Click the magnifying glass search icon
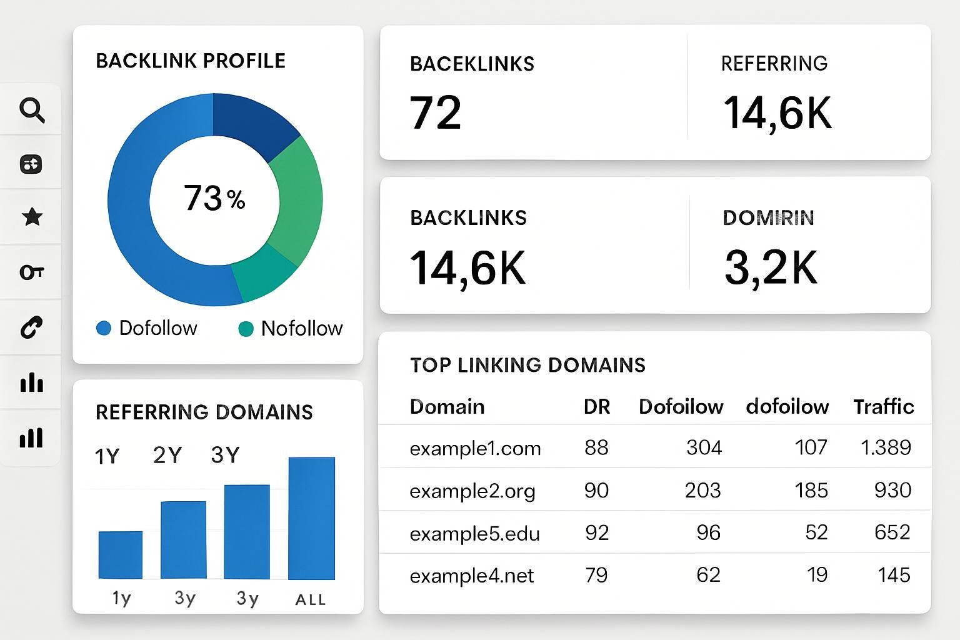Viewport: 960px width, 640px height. pyautogui.click(x=32, y=110)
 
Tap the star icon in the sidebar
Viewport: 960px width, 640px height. pyautogui.click(x=32, y=217)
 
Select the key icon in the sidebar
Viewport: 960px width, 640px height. pyautogui.click(x=31, y=272)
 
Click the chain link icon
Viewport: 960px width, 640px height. pyautogui.click(x=31, y=327)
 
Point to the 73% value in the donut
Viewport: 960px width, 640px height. pyautogui.click(x=214, y=198)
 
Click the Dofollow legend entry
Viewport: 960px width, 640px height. pyautogui.click(x=147, y=328)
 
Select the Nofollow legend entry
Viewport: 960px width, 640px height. pyautogui.click(x=291, y=328)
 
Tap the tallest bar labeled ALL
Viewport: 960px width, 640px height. pyautogui.click(x=311, y=518)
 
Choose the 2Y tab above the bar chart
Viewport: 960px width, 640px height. pyautogui.click(x=167, y=455)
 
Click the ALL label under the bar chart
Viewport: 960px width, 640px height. pyautogui.click(x=311, y=600)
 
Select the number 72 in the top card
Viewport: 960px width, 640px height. pyautogui.click(x=436, y=113)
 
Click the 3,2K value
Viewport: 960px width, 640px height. pyautogui.click(x=771, y=268)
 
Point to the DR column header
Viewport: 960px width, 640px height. pyautogui.click(x=596, y=407)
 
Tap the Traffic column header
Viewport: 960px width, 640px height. pyautogui.click(x=884, y=407)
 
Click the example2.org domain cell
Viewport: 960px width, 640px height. pyautogui.click(x=472, y=491)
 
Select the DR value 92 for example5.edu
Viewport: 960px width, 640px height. pyautogui.click(x=597, y=532)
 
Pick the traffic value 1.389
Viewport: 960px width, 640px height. pyautogui.click(x=886, y=447)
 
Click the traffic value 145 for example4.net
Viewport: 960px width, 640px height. pyautogui.click(x=894, y=575)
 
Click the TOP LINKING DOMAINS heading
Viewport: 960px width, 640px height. pyautogui.click(x=527, y=365)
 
